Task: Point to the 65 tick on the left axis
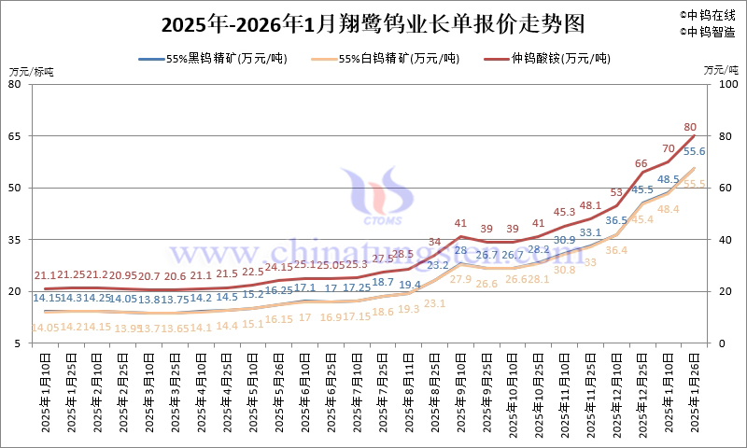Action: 15,136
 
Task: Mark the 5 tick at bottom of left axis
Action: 18,343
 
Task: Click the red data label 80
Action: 691,126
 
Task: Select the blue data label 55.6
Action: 694,151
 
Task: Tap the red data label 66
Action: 641,163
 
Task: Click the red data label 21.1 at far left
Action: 45,275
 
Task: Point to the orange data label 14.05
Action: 46,327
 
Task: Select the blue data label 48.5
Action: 669,179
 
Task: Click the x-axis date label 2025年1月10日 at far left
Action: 45,397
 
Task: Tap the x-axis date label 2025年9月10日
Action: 460,397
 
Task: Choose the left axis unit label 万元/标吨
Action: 32,72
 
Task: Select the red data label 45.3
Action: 564,212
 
